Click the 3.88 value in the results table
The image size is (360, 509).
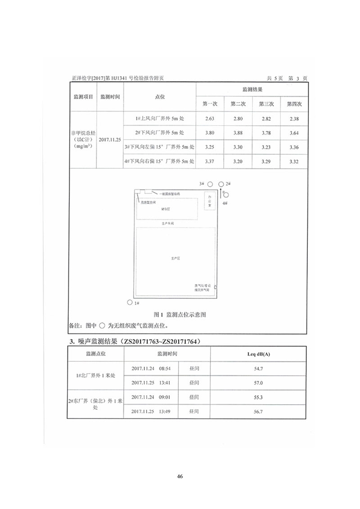(x=238, y=133)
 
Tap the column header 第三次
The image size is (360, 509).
(x=265, y=104)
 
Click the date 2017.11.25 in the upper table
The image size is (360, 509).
(x=110, y=140)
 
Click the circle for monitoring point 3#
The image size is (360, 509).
(x=210, y=184)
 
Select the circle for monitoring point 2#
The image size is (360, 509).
(x=220, y=184)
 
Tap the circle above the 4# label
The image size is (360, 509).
(x=226, y=195)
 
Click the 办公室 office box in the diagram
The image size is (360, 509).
(x=208, y=201)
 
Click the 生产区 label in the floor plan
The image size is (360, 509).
(x=175, y=259)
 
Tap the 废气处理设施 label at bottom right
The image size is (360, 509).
(x=202, y=288)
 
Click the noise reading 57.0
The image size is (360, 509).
(x=258, y=383)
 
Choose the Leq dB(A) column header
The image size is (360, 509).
(x=258, y=354)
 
